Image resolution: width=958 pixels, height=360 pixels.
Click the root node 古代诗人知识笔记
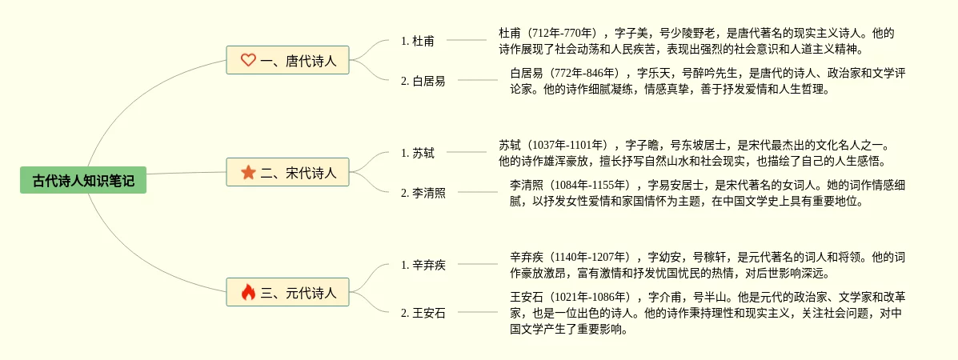coord(83,182)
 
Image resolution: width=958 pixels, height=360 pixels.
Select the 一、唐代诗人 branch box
coord(287,60)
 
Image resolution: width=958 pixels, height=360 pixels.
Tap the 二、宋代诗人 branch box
coord(287,172)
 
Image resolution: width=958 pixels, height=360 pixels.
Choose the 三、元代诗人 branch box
coord(287,293)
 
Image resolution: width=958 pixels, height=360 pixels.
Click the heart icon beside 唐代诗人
coord(248,60)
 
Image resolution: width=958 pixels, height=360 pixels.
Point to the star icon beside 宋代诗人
coord(248,172)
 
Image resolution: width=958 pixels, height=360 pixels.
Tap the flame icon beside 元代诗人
coord(248,293)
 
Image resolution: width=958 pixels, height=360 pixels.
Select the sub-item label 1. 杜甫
coord(418,41)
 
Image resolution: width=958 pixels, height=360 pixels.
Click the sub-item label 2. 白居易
coord(423,81)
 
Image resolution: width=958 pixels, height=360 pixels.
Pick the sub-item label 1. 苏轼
coord(418,153)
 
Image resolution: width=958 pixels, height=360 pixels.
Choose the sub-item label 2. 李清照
coord(423,193)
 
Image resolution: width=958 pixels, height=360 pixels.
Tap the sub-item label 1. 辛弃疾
coord(423,265)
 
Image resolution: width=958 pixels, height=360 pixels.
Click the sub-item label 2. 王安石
coord(423,313)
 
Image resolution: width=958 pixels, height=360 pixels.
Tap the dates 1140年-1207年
coord(591,258)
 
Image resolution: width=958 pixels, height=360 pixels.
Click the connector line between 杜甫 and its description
coord(466,40)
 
